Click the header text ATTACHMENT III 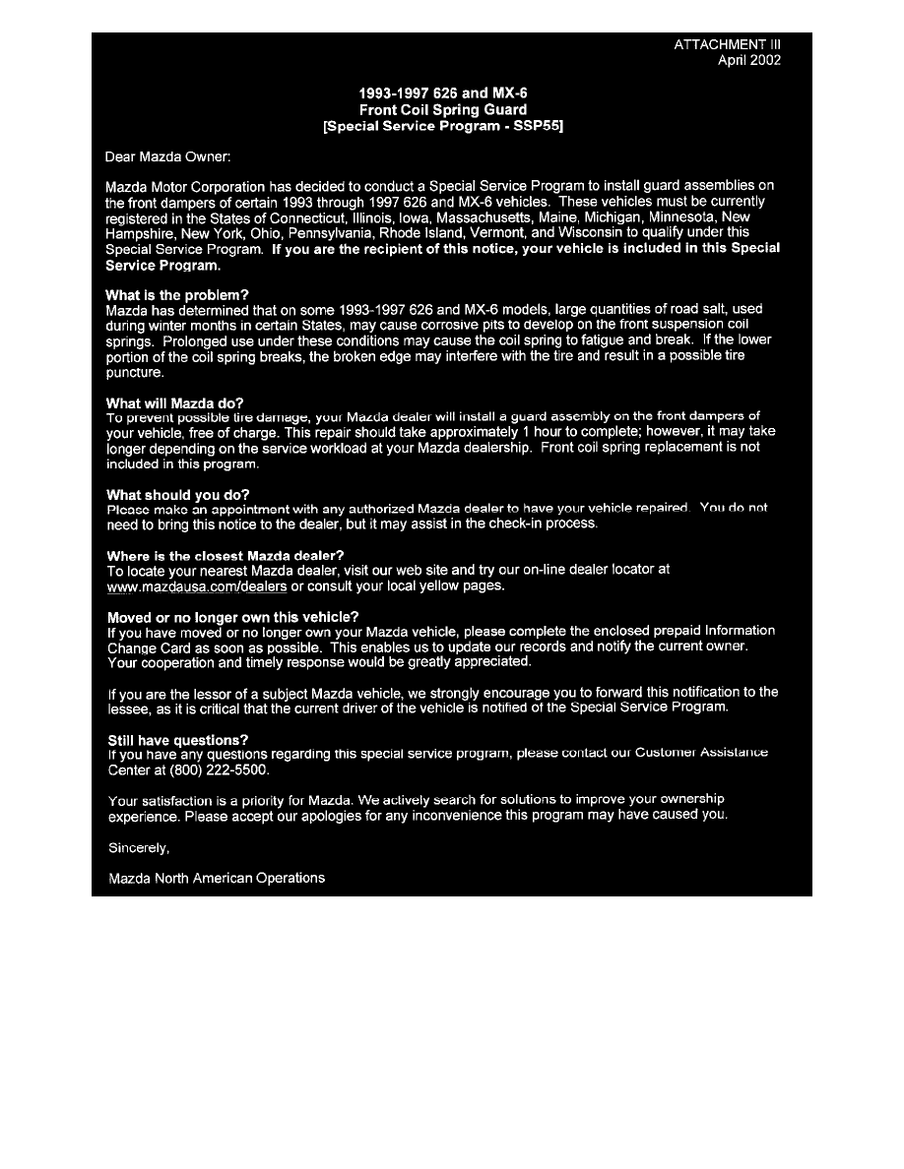point(729,44)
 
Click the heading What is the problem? point(177,294)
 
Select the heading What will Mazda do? point(174,402)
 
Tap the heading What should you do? point(177,494)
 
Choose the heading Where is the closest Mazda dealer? point(225,555)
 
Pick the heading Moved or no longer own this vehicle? point(232,617)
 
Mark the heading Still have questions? point(177,739)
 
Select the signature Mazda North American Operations point(216,877)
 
